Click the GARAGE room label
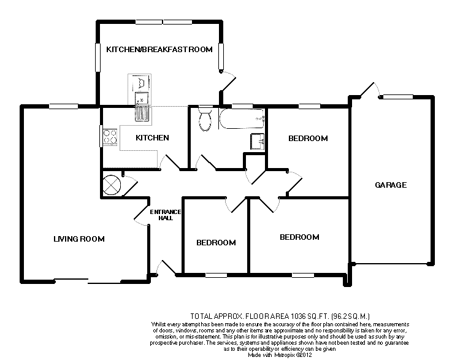pyautogui.click(x=391, y=185)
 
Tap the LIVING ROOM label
pyautogui.click(x=79, y=239)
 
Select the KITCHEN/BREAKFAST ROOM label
pyautogui.click(x=159, y=49)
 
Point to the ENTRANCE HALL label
pyautogui.click(x=166, y=215)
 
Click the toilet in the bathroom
pyautogui.click(x=205, y=118)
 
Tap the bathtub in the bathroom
pyautogui.click(x=242, y=119)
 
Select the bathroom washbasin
pyautogui.click(x=257, y=142)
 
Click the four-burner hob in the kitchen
pyautogui.click(x=110, y=137)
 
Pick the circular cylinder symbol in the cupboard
pyautogui.click(x=112, y=185)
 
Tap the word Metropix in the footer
pyautogui.click(x=285, y=355)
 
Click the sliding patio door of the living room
pyautogui.click(x=88, y=281)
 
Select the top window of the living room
pyautogui.click(x=64, y=106)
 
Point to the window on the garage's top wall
pyautogui.click(x=398, y=96)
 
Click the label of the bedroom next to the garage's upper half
pyautogui.click(x=308, y=139)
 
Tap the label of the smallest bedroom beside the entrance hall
pyautogui.click(x=216, y=243)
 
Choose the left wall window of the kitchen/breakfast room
pyautogui.click(x=98, y=58)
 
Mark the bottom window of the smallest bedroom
pyautogui.click(x=217, y=275)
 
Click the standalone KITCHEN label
pyautogui.click(x=152, y=137)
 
